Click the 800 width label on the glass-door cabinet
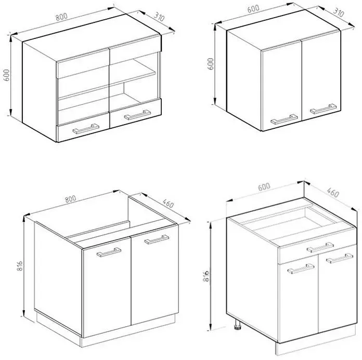pos(61,17)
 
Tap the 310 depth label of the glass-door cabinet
pos(159,17)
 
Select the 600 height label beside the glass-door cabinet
pos(6,75)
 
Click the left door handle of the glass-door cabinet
pos(86,129)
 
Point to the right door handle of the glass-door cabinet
pos(137,115)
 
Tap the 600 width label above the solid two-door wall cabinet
pos(253,9)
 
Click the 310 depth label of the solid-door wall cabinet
pos(339,12)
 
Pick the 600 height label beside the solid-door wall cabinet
pos(211,64)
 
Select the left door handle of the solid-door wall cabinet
pos(284,119)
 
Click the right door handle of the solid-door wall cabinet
pos(323,109)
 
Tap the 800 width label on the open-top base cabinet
pos(70,199)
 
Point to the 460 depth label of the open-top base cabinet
pos(168,204)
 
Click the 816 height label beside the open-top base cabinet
pos(20,266)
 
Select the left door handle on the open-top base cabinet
pos(109,252)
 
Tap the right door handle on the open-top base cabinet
pos(157,239)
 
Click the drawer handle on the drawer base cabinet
pos(320,247)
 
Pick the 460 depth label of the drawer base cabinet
pos(333,193)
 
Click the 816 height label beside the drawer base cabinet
pos(206,276)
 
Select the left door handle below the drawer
pos(301,269)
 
